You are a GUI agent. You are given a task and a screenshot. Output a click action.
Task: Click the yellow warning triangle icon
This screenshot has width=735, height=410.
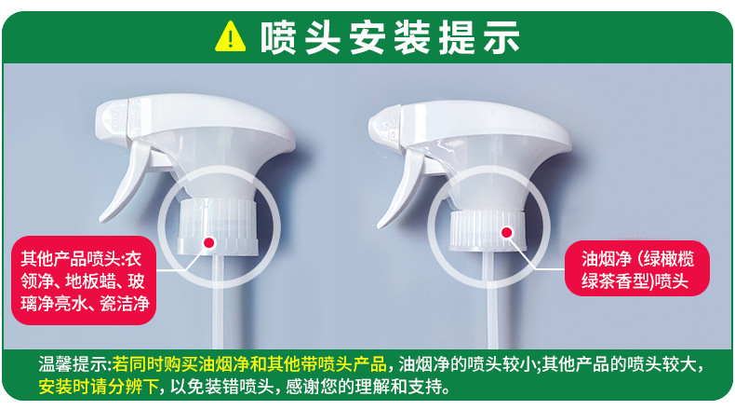230,36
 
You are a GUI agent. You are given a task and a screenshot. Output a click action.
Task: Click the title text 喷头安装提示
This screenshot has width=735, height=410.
390,37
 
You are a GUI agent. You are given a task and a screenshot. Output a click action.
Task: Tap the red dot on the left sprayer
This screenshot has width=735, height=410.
209,242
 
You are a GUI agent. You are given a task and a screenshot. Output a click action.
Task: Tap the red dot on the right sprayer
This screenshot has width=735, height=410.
506,232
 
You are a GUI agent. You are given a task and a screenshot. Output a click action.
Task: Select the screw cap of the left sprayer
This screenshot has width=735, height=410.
218,226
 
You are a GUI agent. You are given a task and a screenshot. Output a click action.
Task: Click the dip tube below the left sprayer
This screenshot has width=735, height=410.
219,301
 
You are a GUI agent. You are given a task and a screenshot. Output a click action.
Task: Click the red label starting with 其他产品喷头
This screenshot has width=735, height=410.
84,280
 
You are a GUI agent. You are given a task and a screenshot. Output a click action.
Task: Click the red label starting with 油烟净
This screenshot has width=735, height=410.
637,268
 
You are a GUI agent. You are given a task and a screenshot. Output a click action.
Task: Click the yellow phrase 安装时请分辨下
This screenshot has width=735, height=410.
99,387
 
